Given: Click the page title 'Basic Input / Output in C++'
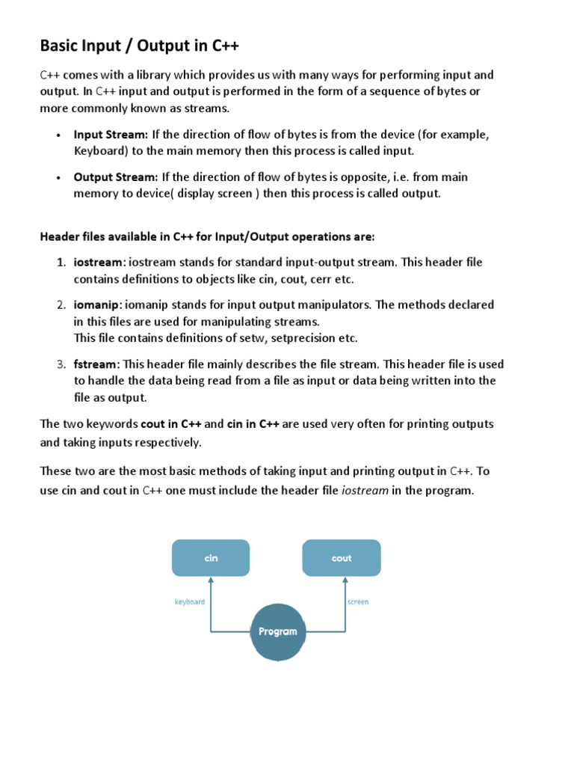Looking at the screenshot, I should pos(140,46).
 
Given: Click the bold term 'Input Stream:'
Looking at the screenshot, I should pos(111,135).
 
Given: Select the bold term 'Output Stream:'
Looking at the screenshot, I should pos(115,177).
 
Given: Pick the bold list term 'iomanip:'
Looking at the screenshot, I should pos(98,305).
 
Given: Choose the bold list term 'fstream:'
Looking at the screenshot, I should pos(96,364).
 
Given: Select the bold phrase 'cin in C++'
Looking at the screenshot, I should pos(253,424).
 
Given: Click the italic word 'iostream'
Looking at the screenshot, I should pos(365,491).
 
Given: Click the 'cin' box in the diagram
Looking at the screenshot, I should pos(211,559).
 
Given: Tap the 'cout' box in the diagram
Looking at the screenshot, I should pos(342,559).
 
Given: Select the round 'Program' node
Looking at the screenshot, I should pos(277,631).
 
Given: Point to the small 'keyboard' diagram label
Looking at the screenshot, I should pos(190,602).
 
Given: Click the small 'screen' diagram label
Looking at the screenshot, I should pos(358,602).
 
